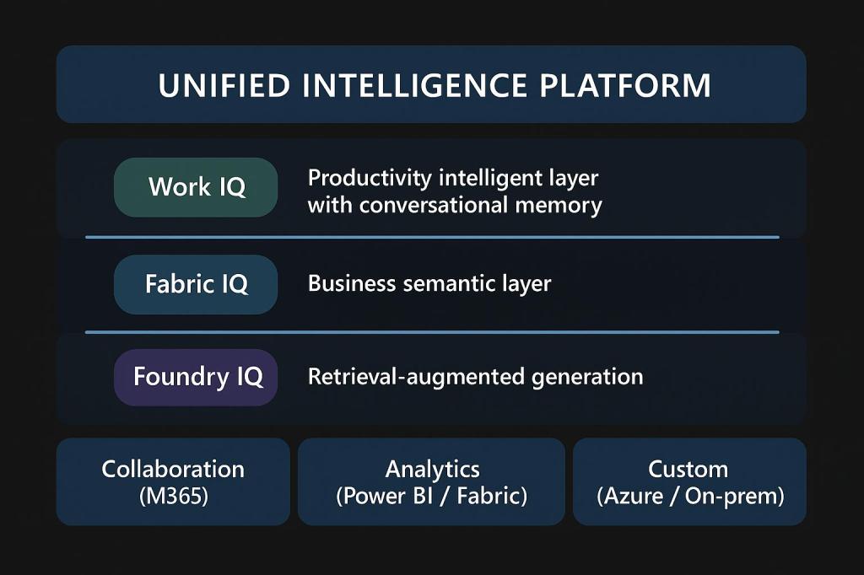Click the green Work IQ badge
point(196,187)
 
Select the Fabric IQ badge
point(196,284)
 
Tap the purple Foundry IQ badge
point(196,377)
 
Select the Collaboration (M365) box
point(173,481)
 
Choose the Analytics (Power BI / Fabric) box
point(431,481)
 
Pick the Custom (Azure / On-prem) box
point(689,481)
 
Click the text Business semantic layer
point(429,283)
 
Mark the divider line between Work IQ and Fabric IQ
point(431,238)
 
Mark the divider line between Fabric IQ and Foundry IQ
point(431,332)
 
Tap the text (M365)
point(173,496)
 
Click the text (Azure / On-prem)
point(689,496)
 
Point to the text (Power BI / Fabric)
point(431,496)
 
